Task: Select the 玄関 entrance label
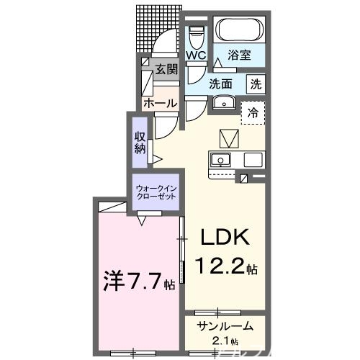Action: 166,70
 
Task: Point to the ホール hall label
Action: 160,104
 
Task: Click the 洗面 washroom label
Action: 222,84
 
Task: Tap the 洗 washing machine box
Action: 256,84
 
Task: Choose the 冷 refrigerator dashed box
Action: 253,112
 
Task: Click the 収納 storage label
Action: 140,143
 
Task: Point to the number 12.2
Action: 217,269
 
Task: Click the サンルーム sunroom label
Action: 225,327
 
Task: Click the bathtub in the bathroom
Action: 241,30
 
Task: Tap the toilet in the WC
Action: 195,35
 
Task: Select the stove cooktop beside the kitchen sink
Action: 253,159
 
